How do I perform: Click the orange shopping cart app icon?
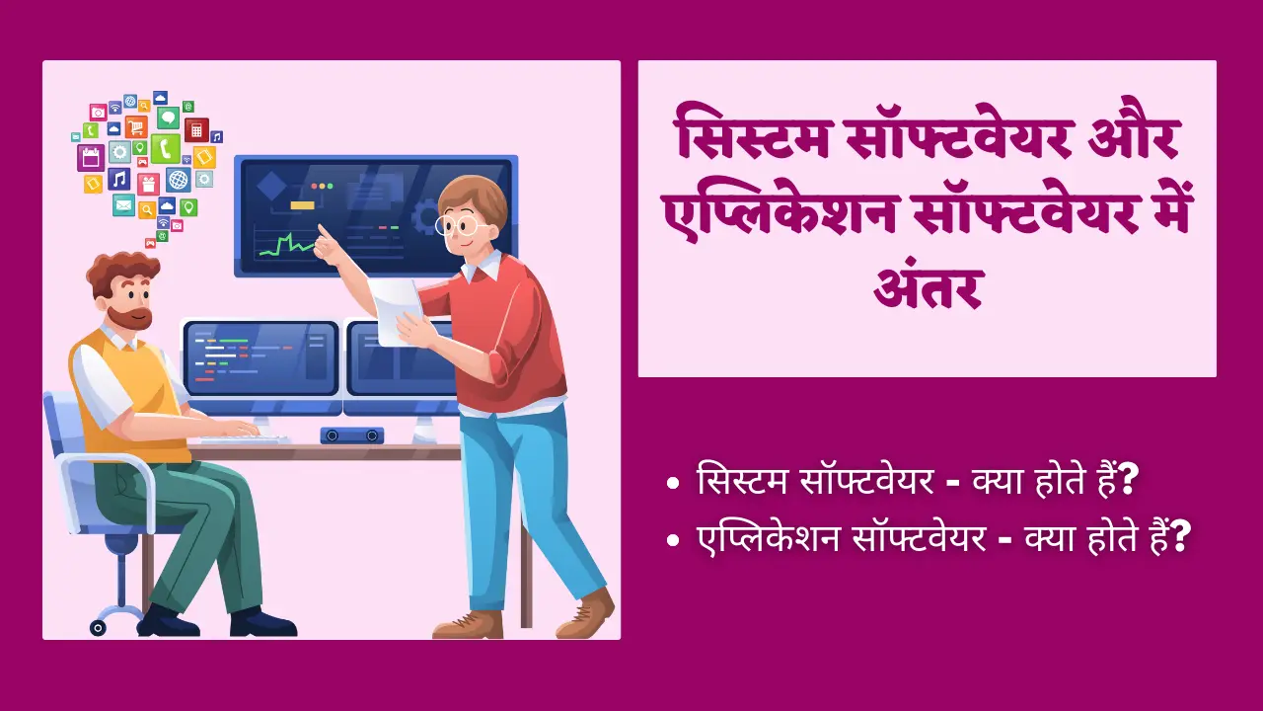click(x=136, y=127)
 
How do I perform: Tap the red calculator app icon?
click(x=196, y=130)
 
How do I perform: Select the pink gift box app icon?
click(x=148, y=184)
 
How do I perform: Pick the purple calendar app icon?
click(x=91, y=158)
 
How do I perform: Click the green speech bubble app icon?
click(x=168, y=118)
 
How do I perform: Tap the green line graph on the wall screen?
click(x=287, y=245)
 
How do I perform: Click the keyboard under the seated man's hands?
click(x=245, y=437)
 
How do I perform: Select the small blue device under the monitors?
click(x=352, y=435)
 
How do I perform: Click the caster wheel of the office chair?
click(x=98, y=627)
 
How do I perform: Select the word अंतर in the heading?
click(x=929, y=286)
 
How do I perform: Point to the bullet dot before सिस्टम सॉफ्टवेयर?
click(x=673, y=484)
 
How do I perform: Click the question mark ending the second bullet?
click(x=1180, y=537)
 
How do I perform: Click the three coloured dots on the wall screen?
click(x=322, y=186)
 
